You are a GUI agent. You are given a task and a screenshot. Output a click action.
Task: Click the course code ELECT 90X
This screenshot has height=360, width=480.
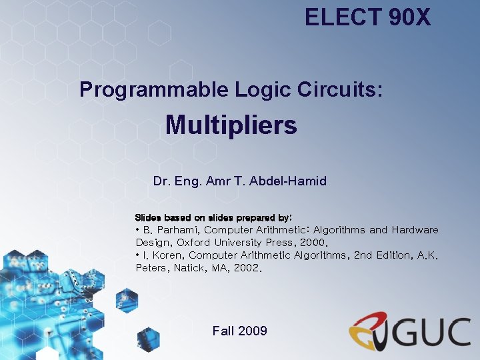[x=367, y=17]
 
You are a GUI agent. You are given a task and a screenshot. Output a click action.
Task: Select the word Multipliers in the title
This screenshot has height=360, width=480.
[x=231, y=125]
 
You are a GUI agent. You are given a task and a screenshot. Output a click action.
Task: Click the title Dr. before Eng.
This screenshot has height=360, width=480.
[x=161, y=181]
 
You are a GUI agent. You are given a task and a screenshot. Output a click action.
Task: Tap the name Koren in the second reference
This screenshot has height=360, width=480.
[x=165, y=255]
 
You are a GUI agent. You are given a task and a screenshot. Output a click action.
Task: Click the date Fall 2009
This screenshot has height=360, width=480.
[x=239, y=331]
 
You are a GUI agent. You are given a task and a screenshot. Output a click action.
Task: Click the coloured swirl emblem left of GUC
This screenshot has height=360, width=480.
[x=369, y=330]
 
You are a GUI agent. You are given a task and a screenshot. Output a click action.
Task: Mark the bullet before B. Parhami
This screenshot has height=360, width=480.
[x=137, y=230]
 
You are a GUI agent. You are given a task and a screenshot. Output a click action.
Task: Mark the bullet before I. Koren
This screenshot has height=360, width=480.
[x=137, y=255]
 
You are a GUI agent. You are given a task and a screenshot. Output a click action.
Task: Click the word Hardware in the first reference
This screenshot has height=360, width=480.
[x=415, y=230]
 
